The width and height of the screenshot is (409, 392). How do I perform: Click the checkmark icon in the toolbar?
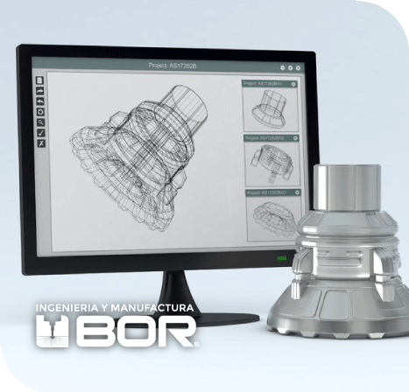pyautogui.click(x=40, y=132)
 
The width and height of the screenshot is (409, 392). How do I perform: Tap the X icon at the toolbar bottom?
pyautogui.click(x=40, y=143)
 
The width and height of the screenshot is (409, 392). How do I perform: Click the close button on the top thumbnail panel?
pyautogui.click(x=295, y=84)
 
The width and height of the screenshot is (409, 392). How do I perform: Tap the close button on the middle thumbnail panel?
pyautogui.click(x=295, y=137)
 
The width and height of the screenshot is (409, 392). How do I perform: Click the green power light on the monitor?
pyautogui.click(x=282, y=260)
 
